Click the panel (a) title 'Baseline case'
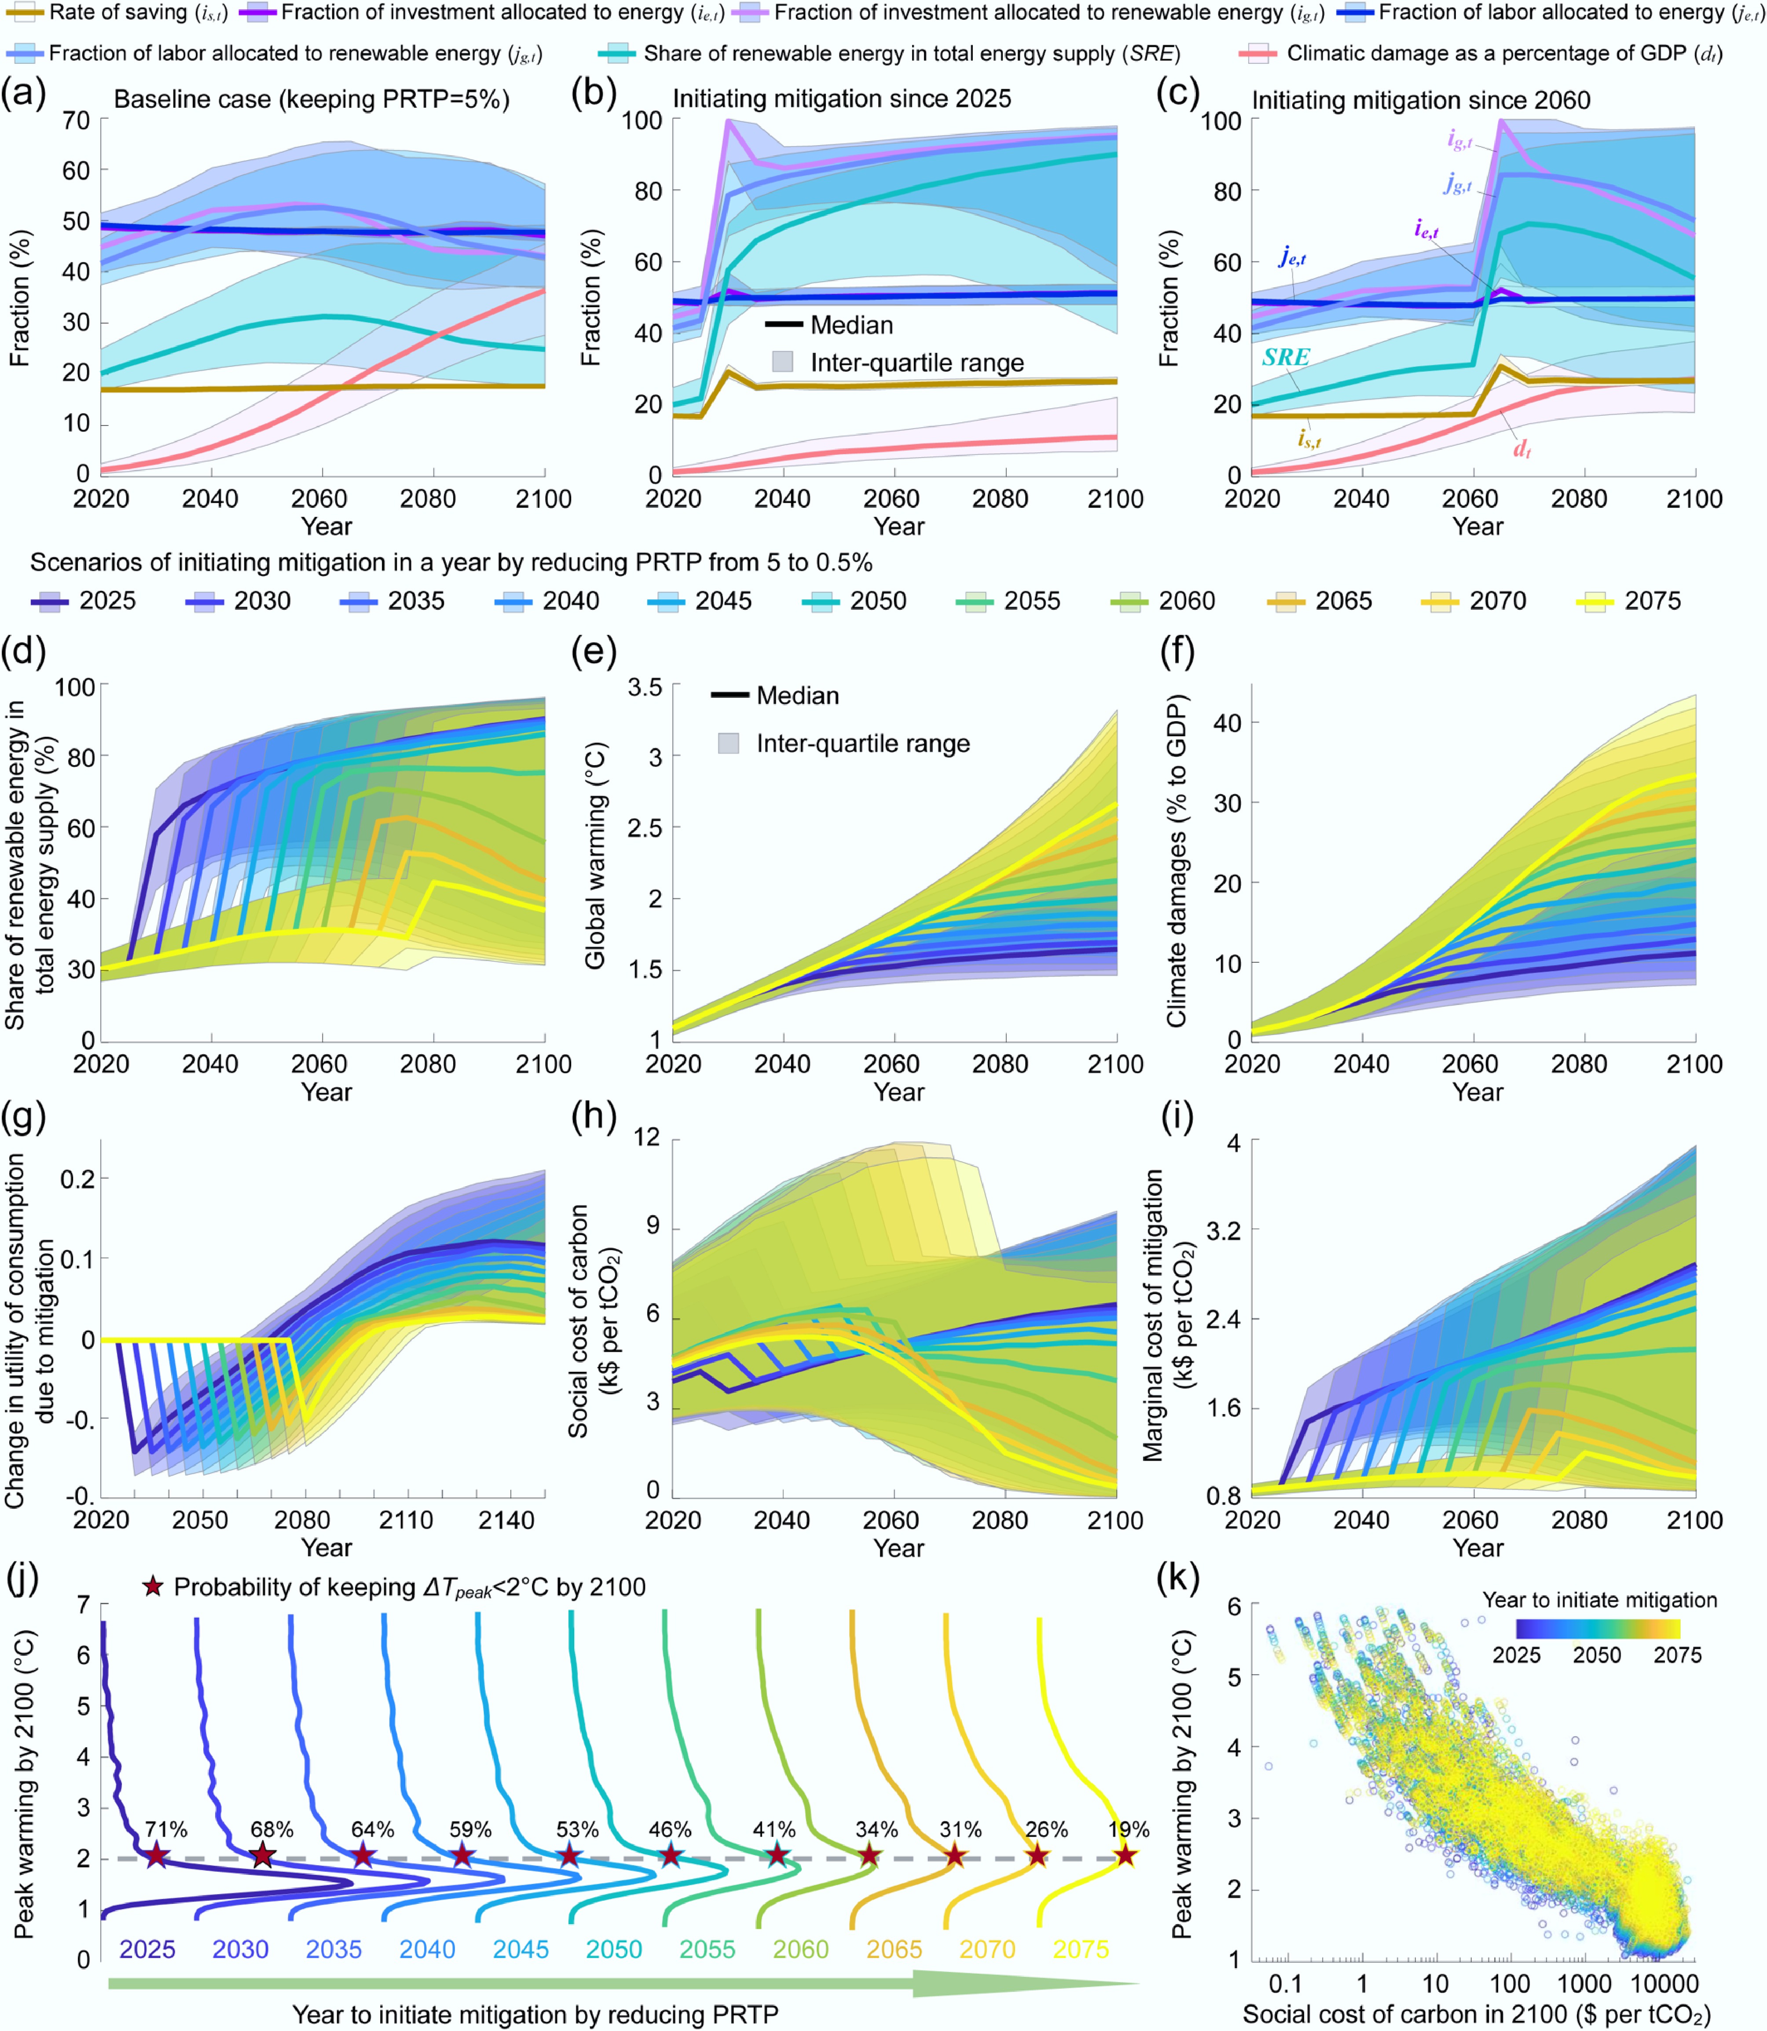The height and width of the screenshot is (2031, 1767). (312, 99)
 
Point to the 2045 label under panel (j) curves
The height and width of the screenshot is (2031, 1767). (521, 1949)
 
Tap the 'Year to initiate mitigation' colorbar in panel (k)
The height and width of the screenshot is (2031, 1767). (1598, 1629)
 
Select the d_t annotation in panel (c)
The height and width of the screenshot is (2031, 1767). (1521, 450)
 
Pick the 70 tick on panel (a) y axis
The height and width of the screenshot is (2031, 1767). (76, 120)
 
